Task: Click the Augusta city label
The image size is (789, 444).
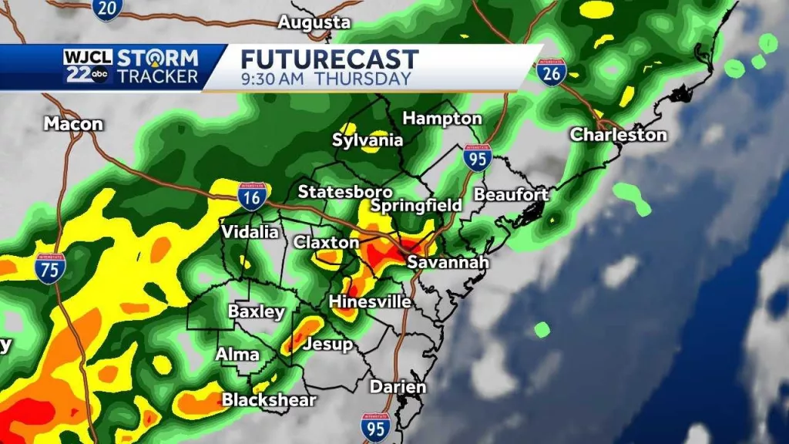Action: (314, 23)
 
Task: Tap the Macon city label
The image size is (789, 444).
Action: (73, 123)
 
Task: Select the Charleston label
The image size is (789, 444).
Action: (618, 135)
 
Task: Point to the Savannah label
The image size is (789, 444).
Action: (448, 262)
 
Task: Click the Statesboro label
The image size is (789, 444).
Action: (345, 191)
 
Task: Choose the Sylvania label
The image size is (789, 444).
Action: (368, 140)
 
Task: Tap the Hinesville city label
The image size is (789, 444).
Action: (370, 301)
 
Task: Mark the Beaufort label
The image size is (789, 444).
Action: (510, 194)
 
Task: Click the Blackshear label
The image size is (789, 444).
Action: (269, 399)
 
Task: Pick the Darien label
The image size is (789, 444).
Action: (398, 386)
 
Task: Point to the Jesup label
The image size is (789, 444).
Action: (328, 344)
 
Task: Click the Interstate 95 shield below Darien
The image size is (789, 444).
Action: (375, 427)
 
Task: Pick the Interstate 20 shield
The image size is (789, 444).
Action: (106, 9)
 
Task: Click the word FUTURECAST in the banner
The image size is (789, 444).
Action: (330, 59)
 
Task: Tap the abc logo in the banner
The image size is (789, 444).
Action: (100, 76)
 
